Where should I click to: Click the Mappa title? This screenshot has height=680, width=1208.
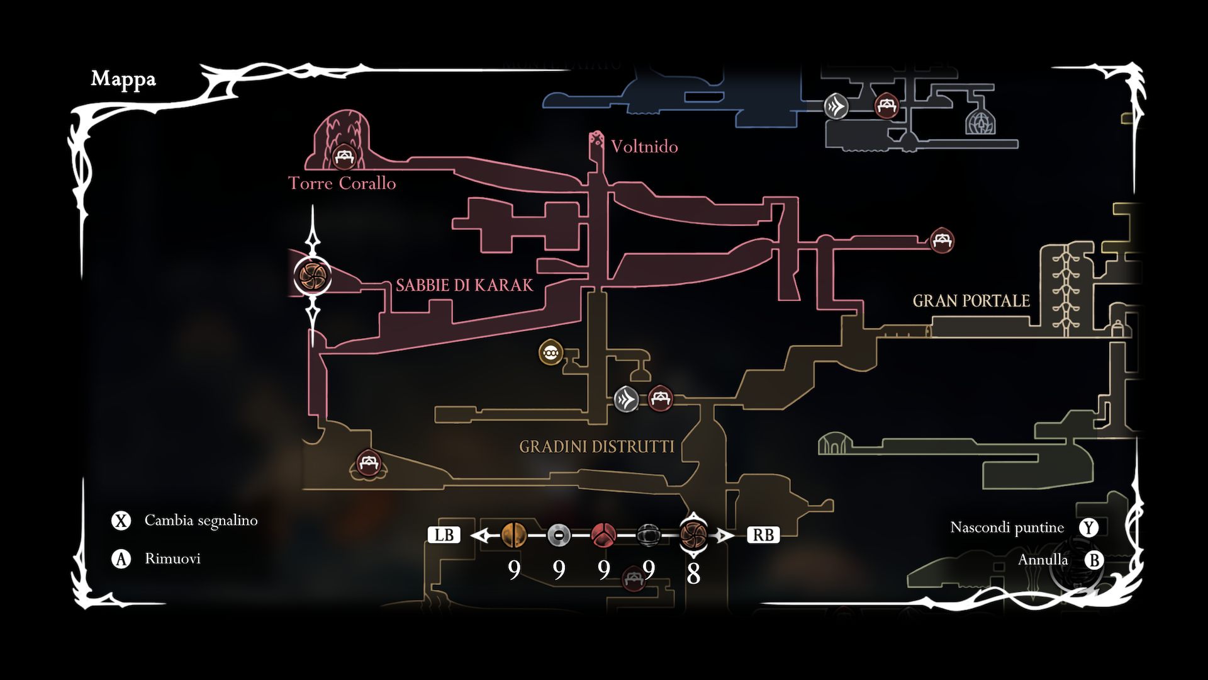[123, 79]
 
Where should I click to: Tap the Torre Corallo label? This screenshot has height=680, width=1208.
[342, 183]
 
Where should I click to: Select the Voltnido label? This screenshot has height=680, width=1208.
[644, 147]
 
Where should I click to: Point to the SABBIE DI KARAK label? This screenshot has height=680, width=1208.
[464, 285]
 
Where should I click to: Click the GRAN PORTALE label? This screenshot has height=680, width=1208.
[971, 301]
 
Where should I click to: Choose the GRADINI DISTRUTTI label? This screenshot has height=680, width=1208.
[596, 446]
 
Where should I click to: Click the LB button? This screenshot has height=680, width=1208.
[444, 535]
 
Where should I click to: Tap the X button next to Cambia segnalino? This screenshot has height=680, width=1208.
[121, 521]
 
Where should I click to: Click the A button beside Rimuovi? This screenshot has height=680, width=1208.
[121, 558]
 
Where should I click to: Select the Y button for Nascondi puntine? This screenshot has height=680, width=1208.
[1088, 528]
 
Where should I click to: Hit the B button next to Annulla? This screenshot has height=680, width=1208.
[1094, 560]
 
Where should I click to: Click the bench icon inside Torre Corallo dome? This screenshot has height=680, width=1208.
[344, 157]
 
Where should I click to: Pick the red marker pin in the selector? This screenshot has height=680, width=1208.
[603, 535]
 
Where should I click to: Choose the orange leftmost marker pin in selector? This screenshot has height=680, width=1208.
[514, 535]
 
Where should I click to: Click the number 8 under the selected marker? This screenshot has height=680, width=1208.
[693, 574]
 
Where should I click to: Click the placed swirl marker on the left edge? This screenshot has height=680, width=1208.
[312, 275]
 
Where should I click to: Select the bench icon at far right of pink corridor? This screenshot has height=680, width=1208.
[942, 240]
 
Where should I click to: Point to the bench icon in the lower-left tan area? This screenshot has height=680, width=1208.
[367, 463]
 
